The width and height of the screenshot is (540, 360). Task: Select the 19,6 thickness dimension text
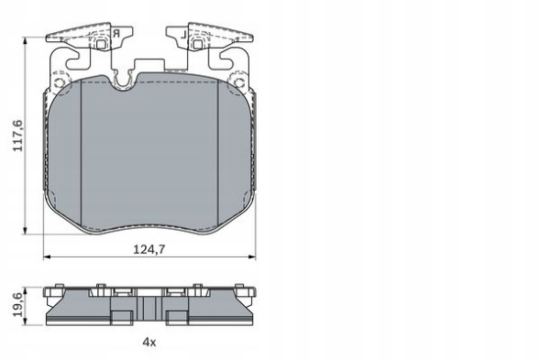point(16,304)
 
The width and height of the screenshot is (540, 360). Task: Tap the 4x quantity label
point(149,342)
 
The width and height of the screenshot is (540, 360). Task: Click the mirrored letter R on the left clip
point(116,35)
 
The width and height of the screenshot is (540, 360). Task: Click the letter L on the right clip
point(183,35)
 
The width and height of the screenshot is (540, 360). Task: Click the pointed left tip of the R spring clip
point(47,38)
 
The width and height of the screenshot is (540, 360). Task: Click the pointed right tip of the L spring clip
point(253,38)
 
